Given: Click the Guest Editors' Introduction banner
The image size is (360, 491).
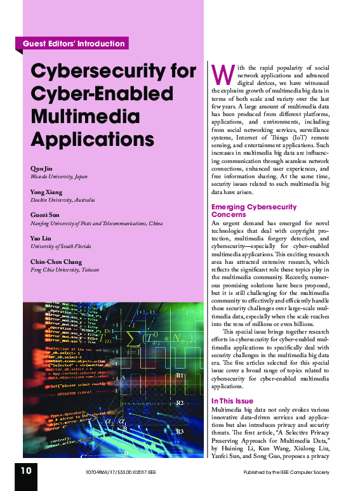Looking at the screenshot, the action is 74,44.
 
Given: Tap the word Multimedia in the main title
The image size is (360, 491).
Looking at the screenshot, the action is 76,117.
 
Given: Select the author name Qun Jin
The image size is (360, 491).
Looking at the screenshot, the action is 39,168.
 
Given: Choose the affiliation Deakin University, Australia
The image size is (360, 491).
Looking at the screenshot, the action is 62,200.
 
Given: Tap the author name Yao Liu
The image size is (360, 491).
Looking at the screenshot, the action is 40,238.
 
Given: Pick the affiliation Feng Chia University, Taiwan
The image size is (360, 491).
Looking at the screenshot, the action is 64,270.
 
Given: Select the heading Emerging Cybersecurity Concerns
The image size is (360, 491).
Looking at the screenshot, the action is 253,211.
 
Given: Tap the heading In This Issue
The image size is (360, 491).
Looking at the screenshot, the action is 232,401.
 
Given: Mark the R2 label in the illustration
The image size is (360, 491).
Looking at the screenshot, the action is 180,403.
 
